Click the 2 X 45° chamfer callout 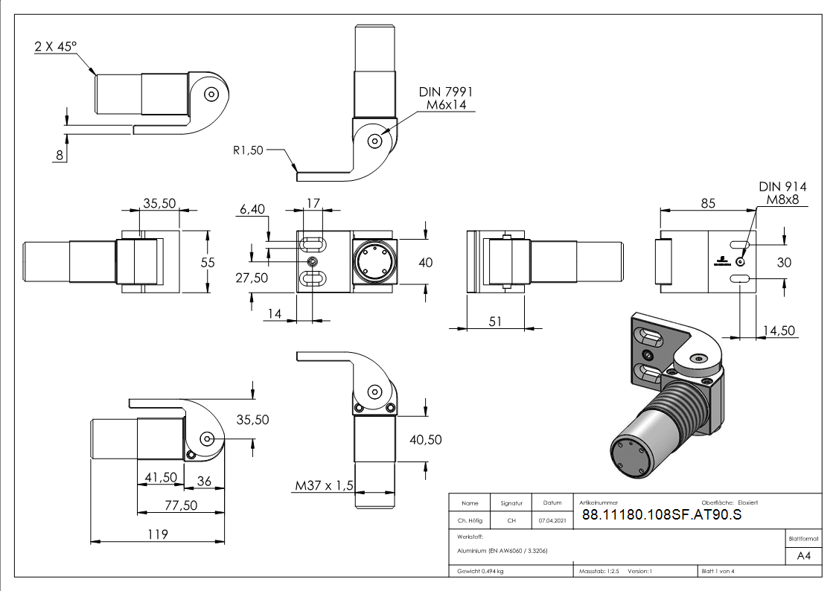coord(56,47)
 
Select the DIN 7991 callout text coord(446,92)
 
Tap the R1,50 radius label coord(248,150)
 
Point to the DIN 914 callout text coord(782,187)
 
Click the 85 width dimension coord(708,202)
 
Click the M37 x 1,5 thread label coord(324,487)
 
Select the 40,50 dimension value coord(426,440)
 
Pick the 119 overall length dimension coord(156,534)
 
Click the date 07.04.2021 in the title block coord(552,521)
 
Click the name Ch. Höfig coord(470,521)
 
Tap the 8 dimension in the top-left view coord(60,155)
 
